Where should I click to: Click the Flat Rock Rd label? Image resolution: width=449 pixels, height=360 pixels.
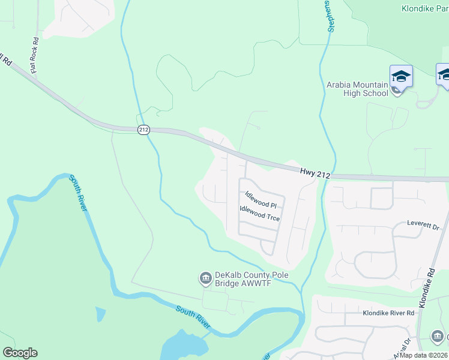[x=35, y=56]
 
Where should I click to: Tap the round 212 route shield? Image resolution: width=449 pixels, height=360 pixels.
[x=143, y=130]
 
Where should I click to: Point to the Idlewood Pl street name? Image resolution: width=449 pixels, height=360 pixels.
[x=261, y=200]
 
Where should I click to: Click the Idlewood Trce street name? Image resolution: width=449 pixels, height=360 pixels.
[x=260, y=214]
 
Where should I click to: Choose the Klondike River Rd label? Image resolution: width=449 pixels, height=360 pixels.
[x=388, y=313]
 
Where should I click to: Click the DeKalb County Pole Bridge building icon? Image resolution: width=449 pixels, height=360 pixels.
[x=205, y=278]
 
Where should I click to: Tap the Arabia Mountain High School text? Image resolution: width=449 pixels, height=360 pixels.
[x=357, y=89]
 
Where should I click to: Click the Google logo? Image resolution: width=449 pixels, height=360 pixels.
[x=20, y=353]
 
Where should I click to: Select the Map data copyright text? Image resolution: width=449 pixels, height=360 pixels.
[x=423, y=355]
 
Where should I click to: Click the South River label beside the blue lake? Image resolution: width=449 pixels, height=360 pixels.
[x=193, y=317]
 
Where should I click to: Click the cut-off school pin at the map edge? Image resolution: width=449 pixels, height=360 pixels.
[x=444, y=76]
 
